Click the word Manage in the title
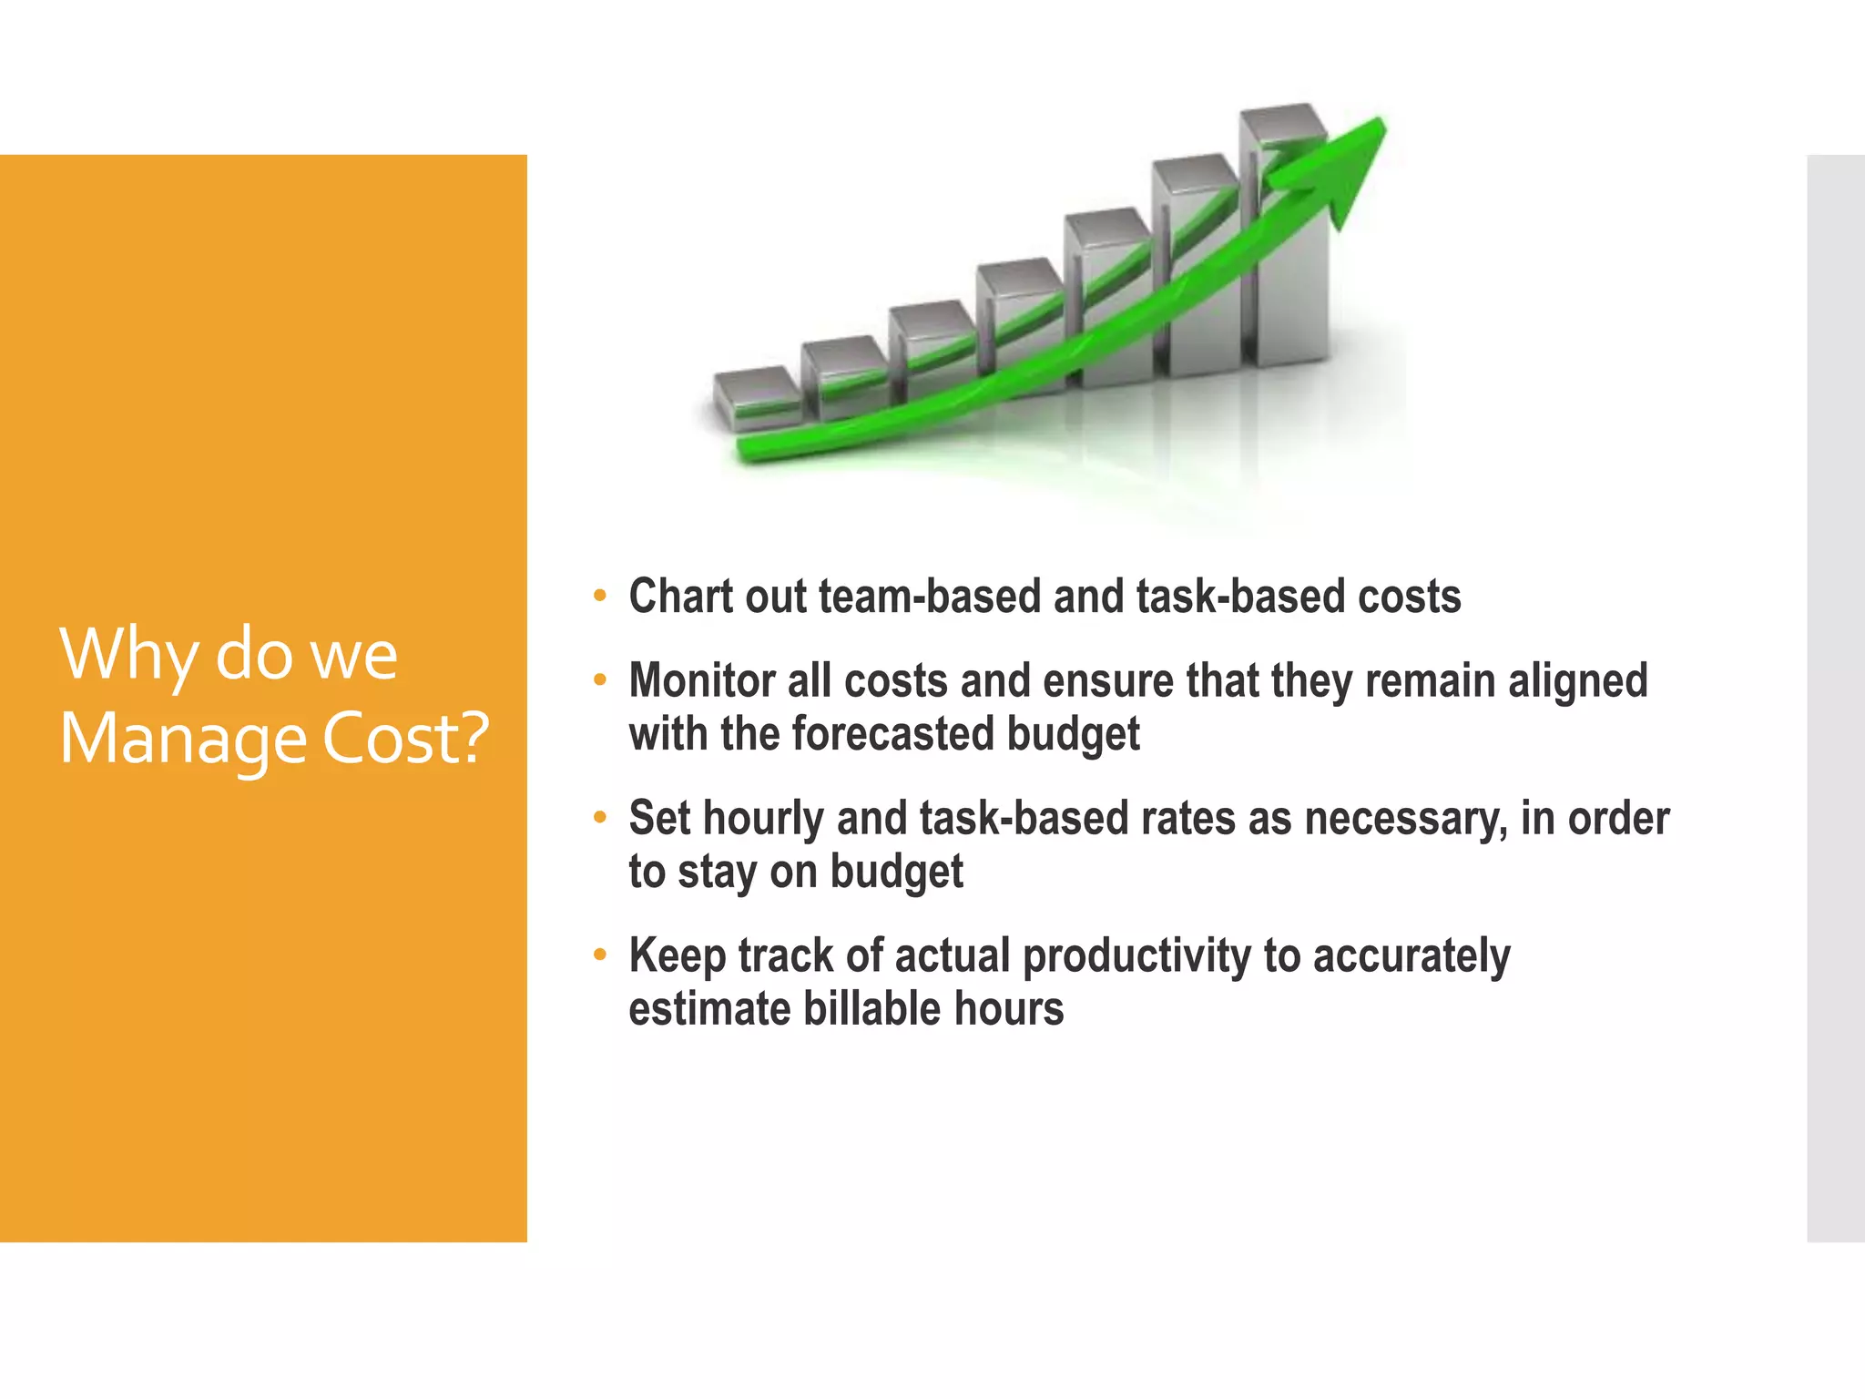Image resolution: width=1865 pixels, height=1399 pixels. pos(182,738)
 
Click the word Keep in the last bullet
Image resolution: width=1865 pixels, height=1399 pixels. pos(677,956)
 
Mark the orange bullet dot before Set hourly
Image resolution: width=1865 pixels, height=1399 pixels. pos(599,817)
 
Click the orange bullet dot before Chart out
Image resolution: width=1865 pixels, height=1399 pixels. pos(599,597)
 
